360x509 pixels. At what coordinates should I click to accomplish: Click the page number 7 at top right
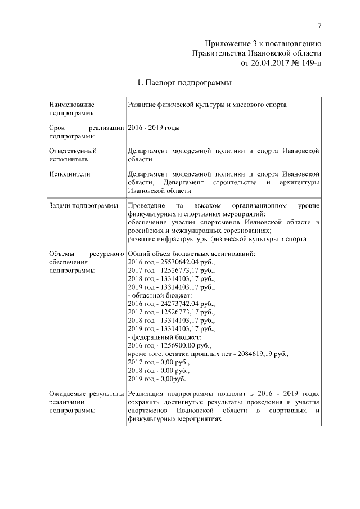tap(319, 26)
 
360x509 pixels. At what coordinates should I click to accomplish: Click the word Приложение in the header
tap(227, 43)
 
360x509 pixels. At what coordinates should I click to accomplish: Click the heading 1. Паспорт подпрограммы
tap(184, 83)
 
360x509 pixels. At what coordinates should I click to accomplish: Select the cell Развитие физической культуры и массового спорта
tap(207, 105)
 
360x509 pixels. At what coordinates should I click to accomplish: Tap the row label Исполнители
tap(70, 174)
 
